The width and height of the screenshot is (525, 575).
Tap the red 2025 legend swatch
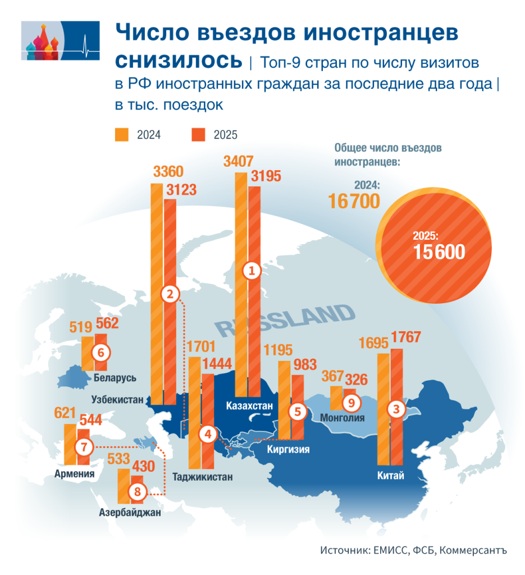pos(199,135)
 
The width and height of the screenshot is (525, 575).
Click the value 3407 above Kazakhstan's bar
pos(239,162)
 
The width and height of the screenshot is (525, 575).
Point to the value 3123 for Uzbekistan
pos(181,190)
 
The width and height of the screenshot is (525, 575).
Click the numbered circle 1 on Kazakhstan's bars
pos(252,271)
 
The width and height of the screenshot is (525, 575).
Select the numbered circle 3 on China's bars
pos(397,410)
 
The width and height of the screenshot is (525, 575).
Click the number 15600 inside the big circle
pos(439,252)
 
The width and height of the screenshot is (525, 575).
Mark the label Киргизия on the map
pos(288,449)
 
